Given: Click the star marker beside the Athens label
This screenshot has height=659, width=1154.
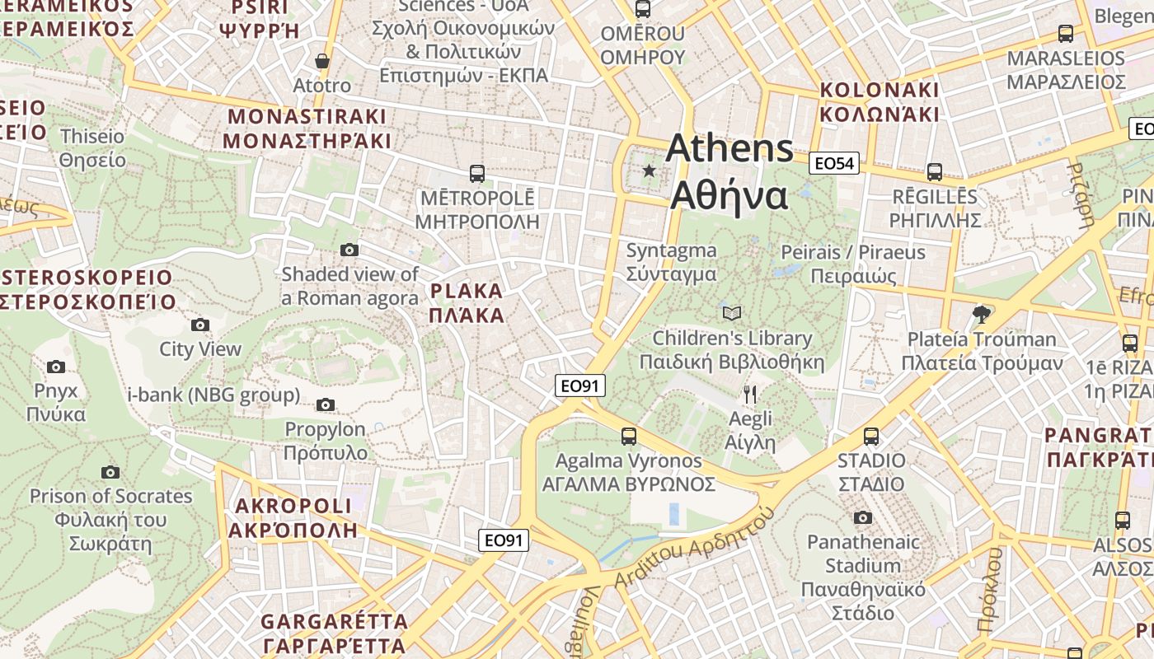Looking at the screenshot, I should (x=650, y=171).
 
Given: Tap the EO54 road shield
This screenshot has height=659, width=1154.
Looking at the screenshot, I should (x=833, y=163).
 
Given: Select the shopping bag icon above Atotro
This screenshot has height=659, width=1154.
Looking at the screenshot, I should (x=322, y=61).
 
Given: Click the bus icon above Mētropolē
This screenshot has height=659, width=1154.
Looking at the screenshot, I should (x=476, y=174).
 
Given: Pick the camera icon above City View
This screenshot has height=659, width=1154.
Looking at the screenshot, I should (x=200, y=325).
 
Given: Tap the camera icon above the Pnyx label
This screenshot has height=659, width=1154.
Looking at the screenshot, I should (x=56, y=367).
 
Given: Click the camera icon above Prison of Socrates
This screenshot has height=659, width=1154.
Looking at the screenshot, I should (x=110, y=472).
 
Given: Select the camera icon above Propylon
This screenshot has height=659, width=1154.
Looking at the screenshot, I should (x=326, y=404).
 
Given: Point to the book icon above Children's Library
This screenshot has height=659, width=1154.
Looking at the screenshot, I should (x=732, y=313).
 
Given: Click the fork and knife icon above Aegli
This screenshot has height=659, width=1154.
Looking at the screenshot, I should (x=749, y=395).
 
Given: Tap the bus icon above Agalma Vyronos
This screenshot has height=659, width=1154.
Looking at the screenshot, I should (x=629, y=437).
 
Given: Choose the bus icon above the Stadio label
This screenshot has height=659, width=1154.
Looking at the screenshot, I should (x=871, y=437).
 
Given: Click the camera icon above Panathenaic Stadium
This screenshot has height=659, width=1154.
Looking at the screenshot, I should (x=863, y=517).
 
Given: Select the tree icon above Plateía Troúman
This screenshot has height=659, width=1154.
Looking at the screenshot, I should (x=981, y=314).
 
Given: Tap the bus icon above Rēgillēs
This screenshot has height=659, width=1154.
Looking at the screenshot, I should (x=934, y=172).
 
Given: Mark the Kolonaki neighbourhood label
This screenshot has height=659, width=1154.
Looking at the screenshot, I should (x=880, y=102).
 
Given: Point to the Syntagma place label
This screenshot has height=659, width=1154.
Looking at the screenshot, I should (x=671, y=262).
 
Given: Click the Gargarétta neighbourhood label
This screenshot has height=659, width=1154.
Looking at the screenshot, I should (x=334, y=633).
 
